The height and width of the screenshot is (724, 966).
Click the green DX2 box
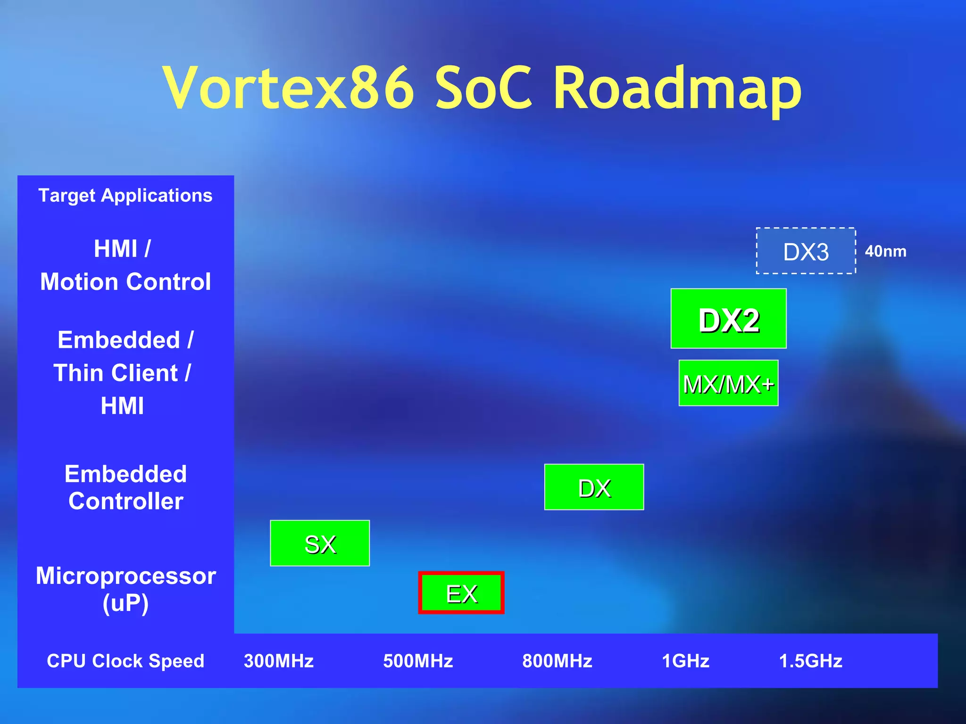pyautogui.click(x=728, y=319)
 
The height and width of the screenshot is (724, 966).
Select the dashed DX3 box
pyautogui.click(x=806, y=251)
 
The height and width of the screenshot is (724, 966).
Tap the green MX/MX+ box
pyautogui.click(x=728, y=383)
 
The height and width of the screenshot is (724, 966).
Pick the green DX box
pyautogui.click(x=594, y=487)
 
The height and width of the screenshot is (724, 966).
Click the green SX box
pyautogui.click(x=320, y=543)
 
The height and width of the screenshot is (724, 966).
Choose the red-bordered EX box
pyautogui.click(x=461, y=593)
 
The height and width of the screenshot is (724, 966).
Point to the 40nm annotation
pyautogui.click(x=885, y=251)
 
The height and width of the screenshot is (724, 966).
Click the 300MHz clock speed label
pyautogui.click(x=279, y=661)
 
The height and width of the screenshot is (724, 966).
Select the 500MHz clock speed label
pyautogui.click(x=418, y=661)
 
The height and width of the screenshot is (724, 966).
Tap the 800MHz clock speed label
pyautogui.click(x=557, y=661)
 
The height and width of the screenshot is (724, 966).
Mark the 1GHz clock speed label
pyautogui.click(x=685, y=661)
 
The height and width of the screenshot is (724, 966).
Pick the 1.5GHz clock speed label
pyautogui.click(x=810, y=661)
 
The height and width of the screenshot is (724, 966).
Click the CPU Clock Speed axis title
pyautogui.click(x=125, y=661)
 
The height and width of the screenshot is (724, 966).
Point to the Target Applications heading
pyautogui.click(x=125, y=195)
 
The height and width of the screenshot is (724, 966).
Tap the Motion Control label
pyautogui.click(x=125, y=282)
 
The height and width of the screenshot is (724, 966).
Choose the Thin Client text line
pyautogui.click(x=122, y=373)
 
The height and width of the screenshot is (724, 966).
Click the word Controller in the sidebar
pyautogui.click(x=125, y=501)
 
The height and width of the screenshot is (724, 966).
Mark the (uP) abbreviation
pyautogui.click(x=125, y=603)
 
